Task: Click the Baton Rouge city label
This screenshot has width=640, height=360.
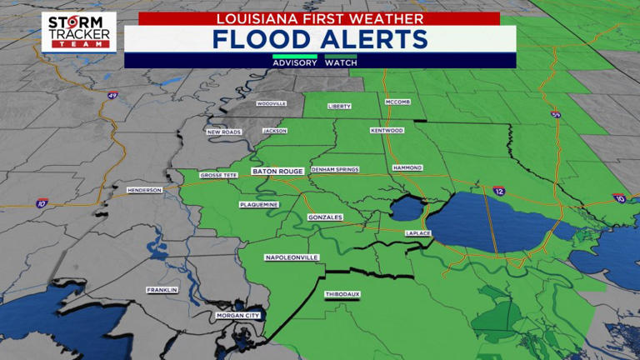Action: (x=278, y=172)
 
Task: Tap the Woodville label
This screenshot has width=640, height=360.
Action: (x=272, y=103)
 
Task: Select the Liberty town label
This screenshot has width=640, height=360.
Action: (x=340, y=107)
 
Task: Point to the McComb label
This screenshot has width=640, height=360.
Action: (x=397, y=102)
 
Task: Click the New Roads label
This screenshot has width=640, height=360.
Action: (x=224, y=132)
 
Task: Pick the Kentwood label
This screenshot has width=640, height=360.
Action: (x=387, y=131)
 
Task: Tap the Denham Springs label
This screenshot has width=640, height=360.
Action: (x=335, y=169)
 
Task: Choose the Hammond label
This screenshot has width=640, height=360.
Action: (x=407, y=167)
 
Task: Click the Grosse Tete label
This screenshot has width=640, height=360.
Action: (x=219, y=176)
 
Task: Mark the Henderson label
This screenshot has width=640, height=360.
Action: (x=144, y=190)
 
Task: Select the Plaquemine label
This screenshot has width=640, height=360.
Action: (x=259, y=204)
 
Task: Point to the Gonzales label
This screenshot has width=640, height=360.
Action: (x=325, y=217)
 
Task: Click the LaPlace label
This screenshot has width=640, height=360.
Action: (x=417, y=233)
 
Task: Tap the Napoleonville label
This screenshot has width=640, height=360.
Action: (x=292, y=257)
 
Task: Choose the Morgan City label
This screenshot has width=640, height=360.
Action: (x=238, y=316)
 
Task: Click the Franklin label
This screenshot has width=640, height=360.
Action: (x=162, y=290)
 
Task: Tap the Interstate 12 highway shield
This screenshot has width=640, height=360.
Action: (x=498, y=191)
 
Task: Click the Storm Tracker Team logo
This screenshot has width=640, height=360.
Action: (x=79, y=32)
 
